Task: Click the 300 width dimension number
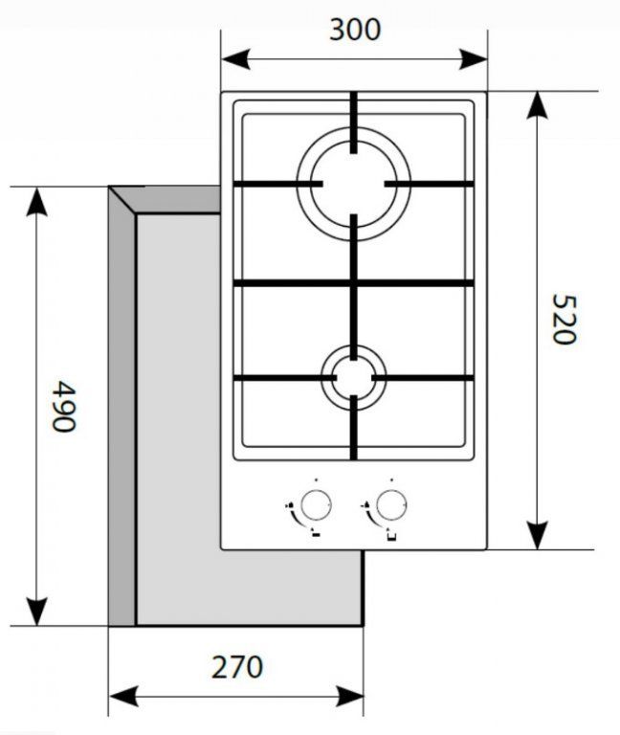(355, 30)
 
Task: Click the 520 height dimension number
(563, 319)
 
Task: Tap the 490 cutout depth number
(64, 407)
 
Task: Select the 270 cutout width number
(237, 667)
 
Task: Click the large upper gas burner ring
(354, 129)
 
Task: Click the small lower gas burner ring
(354, 346)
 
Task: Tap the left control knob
(316, 505)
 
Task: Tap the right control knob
(391, 505)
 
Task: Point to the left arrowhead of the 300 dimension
(235, 59)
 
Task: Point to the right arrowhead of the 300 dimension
(474, 59)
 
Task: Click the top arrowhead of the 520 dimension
(537, 105)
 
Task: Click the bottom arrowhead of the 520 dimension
(537, 535)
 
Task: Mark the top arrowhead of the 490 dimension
(36, 202)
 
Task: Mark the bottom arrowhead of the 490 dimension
(36, 612)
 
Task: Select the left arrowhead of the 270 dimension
(123, 696)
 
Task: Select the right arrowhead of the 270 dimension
(349, 696)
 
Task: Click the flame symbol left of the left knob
(290, 505)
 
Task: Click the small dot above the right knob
(391, 480)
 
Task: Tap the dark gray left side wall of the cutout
(122, 412)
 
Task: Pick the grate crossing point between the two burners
(354, 282)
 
